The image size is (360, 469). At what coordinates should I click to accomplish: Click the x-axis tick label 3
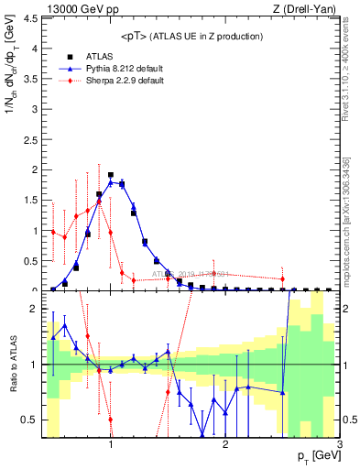[339, 446]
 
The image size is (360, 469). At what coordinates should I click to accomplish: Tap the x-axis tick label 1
[111, 446]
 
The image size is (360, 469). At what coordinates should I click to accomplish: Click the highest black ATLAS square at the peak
[111, 175]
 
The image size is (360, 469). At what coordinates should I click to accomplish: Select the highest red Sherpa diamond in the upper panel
[99, 195]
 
